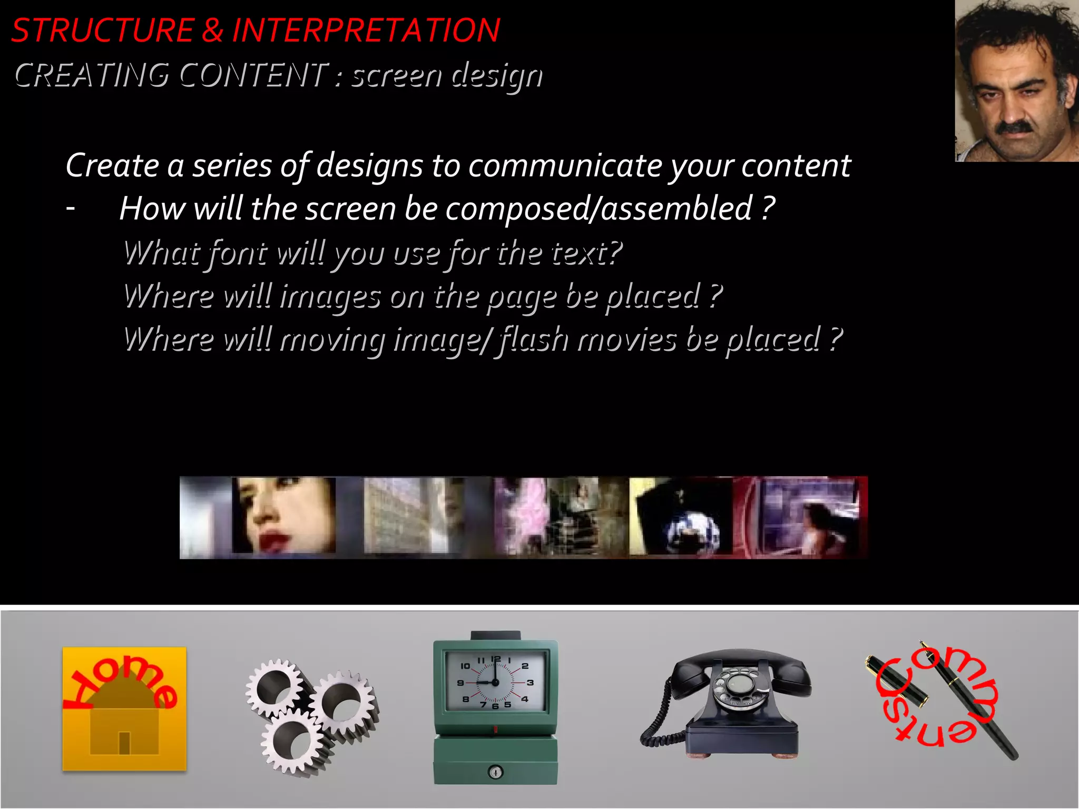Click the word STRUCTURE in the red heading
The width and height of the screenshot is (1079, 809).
coord(103,31)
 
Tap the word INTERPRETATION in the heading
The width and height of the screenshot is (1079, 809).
coord(366,31)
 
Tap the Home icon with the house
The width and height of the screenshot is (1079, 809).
coord(124,708)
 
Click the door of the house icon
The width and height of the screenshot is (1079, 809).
coord(124,743)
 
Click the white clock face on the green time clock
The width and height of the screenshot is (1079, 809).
coord(495,682)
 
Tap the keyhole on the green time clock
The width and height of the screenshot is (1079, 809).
coord(495,772)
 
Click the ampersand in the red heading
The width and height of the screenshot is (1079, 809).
coord(213,31)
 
